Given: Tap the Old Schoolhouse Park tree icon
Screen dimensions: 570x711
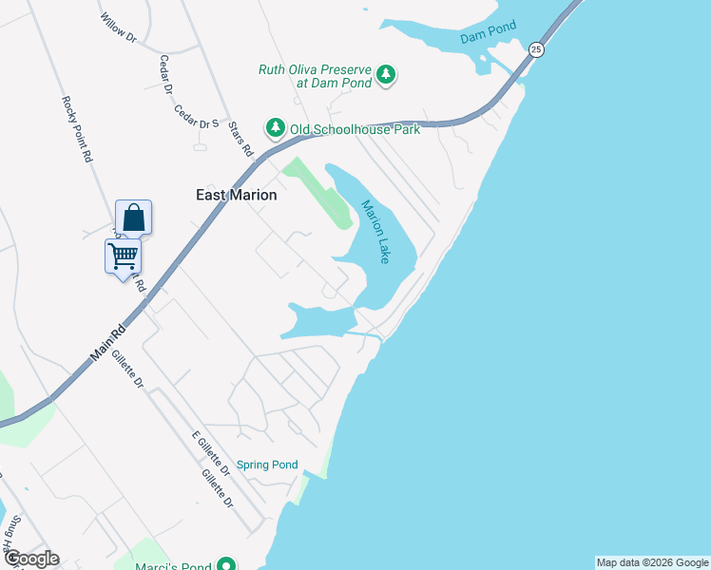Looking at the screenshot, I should click(275, 127).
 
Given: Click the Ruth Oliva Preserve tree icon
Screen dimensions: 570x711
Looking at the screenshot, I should click(385, 74).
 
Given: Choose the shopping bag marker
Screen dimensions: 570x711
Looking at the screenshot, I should click(133, 217).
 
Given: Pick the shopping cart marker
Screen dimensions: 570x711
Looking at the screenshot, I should click(123, 255).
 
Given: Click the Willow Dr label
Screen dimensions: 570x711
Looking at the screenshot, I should click(119, 30).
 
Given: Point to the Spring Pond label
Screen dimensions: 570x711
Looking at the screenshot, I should click(267, 465).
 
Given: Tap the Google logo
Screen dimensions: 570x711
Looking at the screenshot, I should click(30, 559).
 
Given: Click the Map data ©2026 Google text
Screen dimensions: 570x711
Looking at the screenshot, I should click(652, 562).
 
